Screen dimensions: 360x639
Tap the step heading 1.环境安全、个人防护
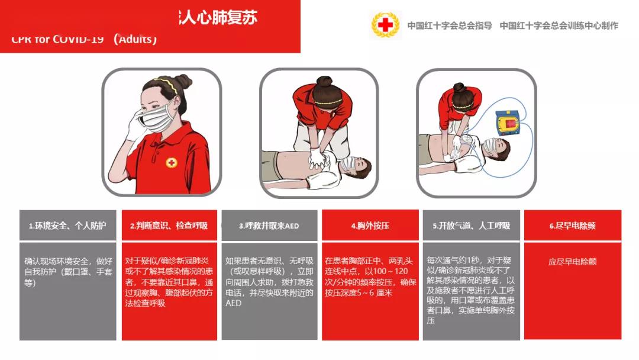click(x=67, y=226)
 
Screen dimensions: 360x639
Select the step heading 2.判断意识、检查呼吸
click(x=169, y=226)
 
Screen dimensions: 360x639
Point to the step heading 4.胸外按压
click(x=370, y=226)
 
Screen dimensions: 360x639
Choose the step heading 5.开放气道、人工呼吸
click(x=471, y=226)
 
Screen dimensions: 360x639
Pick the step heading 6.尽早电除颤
click(x=572, y=226)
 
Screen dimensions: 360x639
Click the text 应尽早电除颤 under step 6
click(x=572, y=261)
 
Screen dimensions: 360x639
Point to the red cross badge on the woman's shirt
click(x=172, y=162)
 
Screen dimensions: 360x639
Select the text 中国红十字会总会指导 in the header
click(x=450, y=25)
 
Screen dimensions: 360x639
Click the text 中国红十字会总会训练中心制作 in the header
click(x=559, y=25)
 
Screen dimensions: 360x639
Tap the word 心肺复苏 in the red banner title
click(x=228, y=17)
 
